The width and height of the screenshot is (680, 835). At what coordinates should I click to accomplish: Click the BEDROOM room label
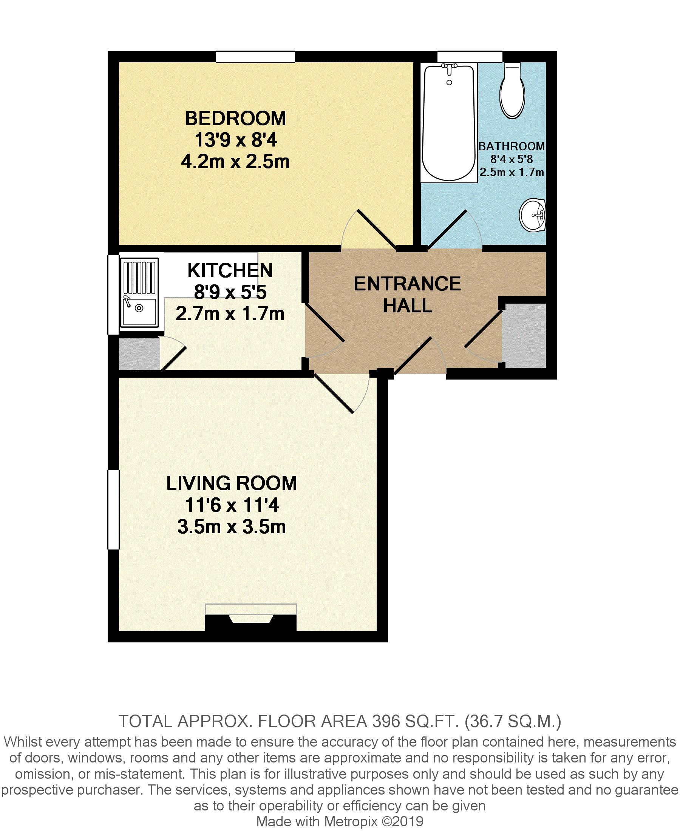click(235, 119)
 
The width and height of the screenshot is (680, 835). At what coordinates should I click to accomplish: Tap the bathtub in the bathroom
click(449, 122)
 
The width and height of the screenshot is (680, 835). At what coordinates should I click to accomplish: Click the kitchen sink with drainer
click(139, 292)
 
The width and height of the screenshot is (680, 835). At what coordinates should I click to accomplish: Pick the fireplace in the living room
click(251, 618)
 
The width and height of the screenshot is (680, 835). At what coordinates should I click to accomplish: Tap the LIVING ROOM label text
click(232, 483)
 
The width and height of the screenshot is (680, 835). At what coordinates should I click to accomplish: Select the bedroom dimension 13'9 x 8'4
click(236, 140)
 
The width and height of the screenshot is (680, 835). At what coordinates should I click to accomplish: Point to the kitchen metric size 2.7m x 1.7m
click(230, 314)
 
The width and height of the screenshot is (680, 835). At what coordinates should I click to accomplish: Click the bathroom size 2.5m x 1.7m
click(512, 172)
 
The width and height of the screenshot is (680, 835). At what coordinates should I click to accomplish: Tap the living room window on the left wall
click(114, 510)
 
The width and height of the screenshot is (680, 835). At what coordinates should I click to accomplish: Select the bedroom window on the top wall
click(255, 57)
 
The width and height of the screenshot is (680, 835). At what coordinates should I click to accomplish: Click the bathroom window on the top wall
click(470, 57)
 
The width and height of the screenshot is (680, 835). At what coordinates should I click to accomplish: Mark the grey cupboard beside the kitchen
click(139, 354)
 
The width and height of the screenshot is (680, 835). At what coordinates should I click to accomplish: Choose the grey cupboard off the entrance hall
click(524, 335)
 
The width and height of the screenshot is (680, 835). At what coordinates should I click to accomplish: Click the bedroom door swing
click(368, 229)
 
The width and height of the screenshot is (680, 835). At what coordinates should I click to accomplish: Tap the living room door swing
click(342, 393)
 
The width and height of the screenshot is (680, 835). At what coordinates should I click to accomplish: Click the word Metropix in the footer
click(351, 821)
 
